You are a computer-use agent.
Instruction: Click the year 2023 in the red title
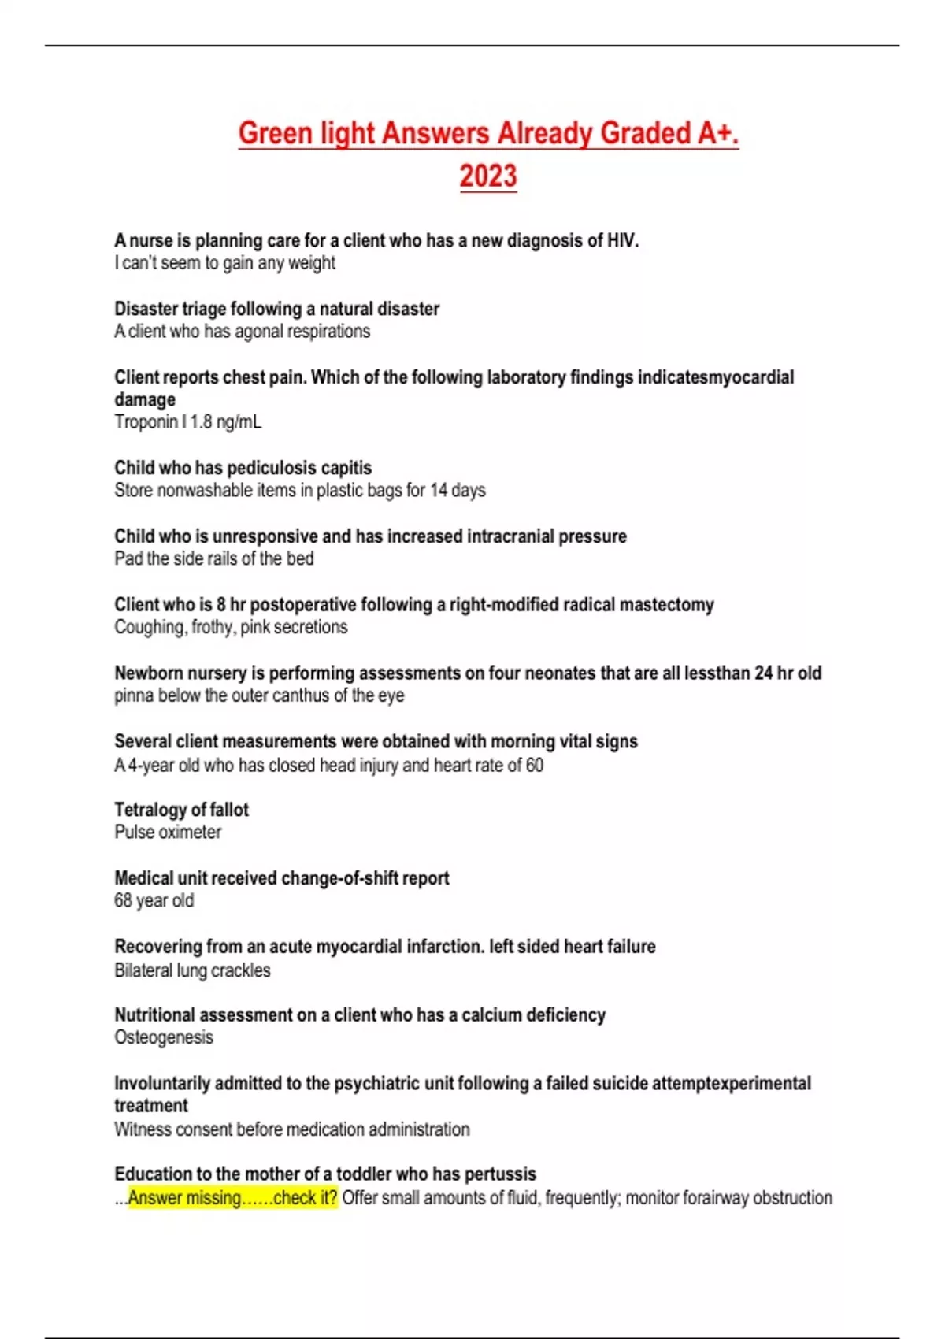click(488, 176)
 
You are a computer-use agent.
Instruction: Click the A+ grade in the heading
click(717, 133)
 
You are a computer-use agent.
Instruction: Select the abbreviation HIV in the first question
click(621, 240)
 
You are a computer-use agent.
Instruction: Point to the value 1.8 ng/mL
click(225, 422)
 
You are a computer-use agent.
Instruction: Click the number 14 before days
click(438, 491)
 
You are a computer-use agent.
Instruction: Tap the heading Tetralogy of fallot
click(181, 810)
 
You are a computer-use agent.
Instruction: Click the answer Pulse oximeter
click(168, 833)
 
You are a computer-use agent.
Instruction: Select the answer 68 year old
click(154, 901)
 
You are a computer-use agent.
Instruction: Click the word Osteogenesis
click(164, 1037)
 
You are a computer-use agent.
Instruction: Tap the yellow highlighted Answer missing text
click(232, 1198)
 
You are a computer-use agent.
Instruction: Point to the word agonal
click(258, 332)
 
